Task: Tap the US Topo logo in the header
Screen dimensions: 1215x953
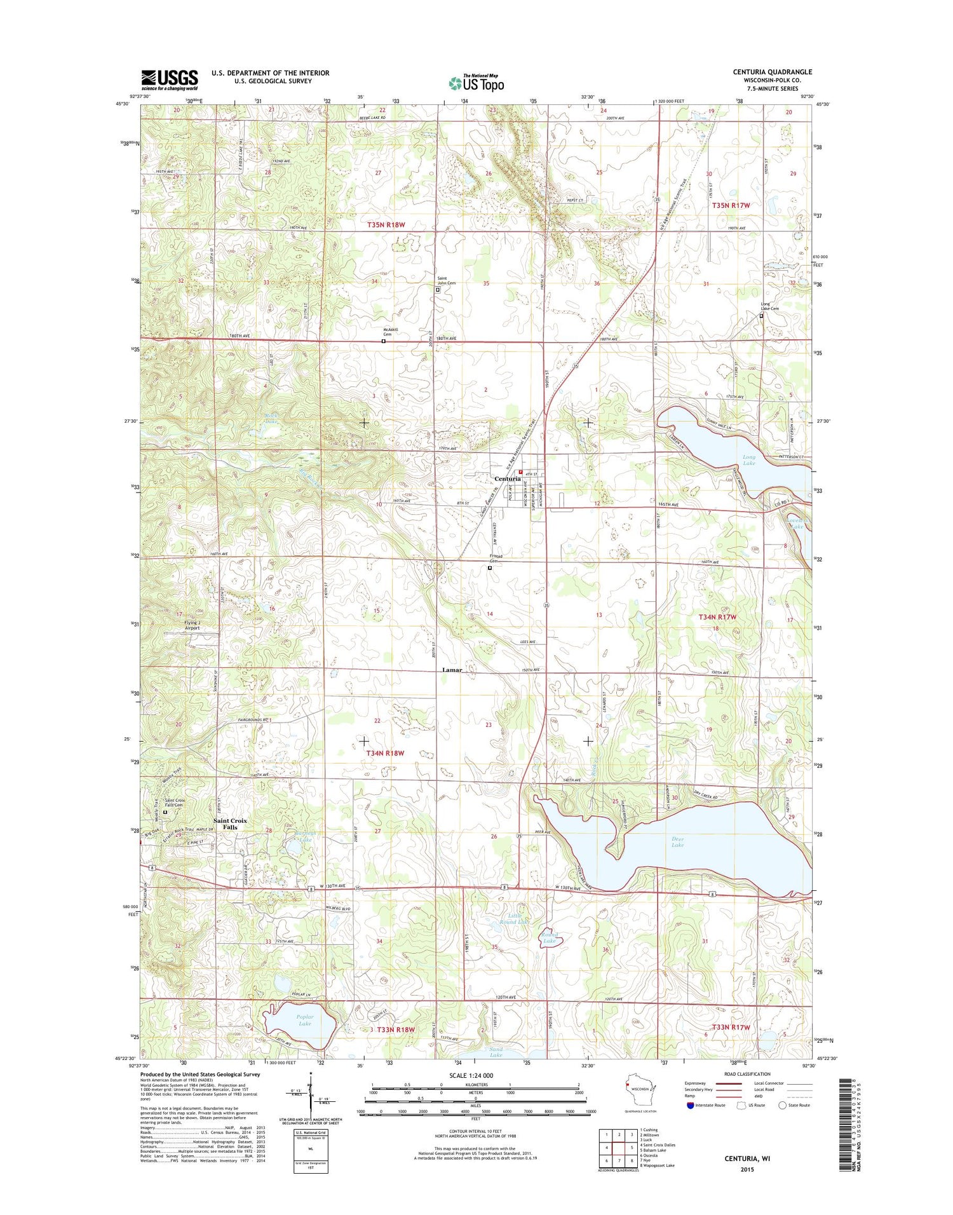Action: pos(476,83)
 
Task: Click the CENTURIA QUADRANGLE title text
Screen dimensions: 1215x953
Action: pos(771,72)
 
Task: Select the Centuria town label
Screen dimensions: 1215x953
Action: pos(508,479)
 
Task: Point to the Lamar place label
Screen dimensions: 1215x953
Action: pos(452,670)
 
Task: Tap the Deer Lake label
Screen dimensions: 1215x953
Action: pos(677,842)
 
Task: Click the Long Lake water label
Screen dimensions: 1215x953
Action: pos(749,460)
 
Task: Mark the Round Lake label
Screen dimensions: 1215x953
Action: pos(550,938)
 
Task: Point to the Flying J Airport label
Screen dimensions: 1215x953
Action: pos(192,625)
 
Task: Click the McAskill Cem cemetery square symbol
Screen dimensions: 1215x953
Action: pos(383,341)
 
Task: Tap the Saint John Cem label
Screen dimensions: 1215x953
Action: pos(446,281)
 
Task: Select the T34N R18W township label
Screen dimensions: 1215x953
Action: pos(386,753)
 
